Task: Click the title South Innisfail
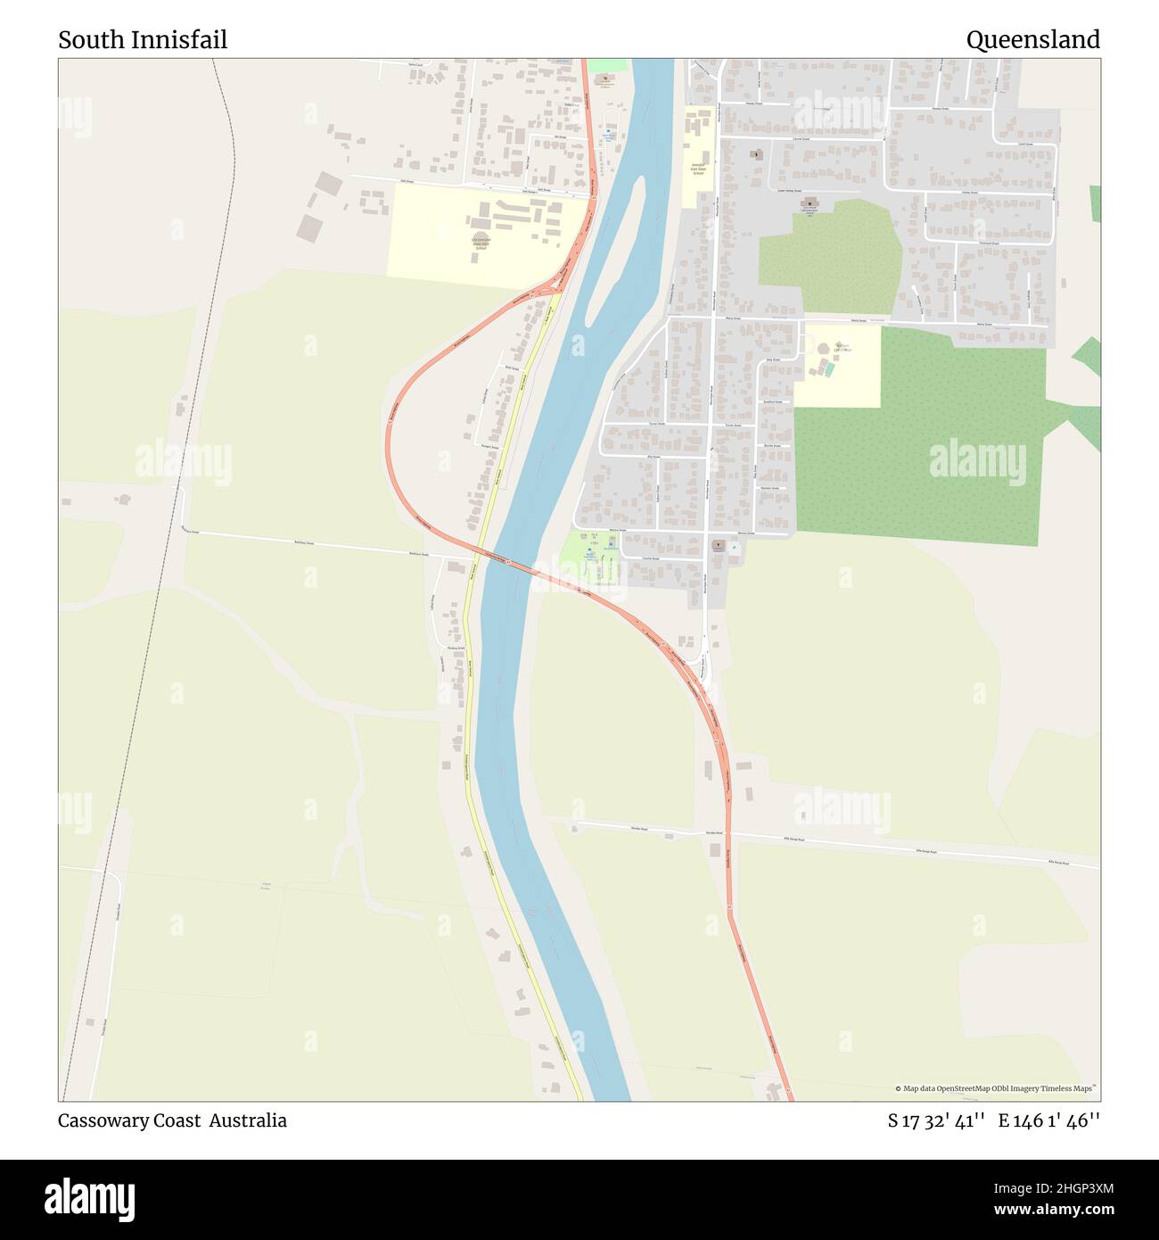pyautogui.click(x=143, y=40)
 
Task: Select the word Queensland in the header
pyautogui.click(x=1032, y=40)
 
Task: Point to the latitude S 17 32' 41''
pyautogui.click(x=935, y=1120)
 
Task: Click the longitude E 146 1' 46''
pyautogui.click(x=1049, y=1120)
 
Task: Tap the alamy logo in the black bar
pyautogui.click(x=90, y=1198)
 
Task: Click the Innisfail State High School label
pyautogui.click(x=481, y=243)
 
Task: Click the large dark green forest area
pyautogui.click(x=918, y=455)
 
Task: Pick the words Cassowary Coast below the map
pyautogui.click(x=129, y=1120)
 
